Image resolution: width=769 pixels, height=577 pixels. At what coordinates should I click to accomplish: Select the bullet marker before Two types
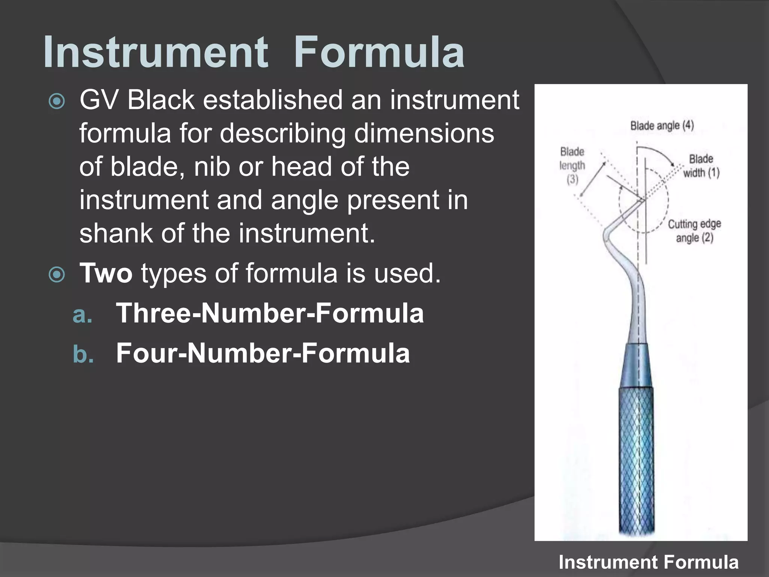57,275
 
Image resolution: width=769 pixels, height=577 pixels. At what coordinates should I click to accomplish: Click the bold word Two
106,273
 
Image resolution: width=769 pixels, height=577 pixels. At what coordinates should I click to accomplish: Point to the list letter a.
82,314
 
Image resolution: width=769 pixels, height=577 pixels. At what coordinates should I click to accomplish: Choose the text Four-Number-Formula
263,353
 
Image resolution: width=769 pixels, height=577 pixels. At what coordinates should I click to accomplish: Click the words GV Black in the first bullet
137,100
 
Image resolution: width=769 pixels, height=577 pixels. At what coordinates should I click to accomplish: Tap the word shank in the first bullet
116,233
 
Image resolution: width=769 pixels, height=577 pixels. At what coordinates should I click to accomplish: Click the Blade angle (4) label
662,125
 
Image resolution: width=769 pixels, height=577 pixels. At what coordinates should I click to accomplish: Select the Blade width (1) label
701,166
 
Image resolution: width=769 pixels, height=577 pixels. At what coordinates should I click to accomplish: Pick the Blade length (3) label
572,165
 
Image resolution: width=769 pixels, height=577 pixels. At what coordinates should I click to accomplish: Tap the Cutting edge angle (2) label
694,231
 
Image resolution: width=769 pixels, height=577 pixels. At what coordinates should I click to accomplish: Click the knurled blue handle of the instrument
636,462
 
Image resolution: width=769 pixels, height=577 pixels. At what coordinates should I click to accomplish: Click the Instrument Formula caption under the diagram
648,562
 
